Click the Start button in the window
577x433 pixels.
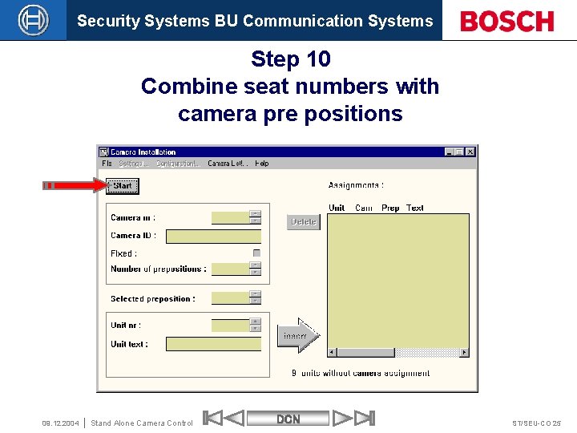coord(123,186)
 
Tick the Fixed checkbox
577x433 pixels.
coord(256,253)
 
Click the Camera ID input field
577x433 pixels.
coord(213,237)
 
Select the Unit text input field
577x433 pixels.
coord(213,344)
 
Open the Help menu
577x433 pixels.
coord(262,164)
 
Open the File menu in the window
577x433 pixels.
coord(107,164)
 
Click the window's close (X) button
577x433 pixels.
coord(470,152)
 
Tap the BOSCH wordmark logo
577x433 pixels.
coord(507,21)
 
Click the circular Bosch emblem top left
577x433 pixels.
coord(33,20)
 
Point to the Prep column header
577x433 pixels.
coord(390,208)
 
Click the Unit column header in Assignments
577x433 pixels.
coord(337,208)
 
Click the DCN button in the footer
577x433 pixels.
coord(288,419)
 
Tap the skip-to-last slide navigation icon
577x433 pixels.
coord(364,418)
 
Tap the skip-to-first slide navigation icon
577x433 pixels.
coord(213,418)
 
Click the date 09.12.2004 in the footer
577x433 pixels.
coord(60,423)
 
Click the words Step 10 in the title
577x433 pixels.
coord(290,59)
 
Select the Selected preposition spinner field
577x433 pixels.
coord(231,298)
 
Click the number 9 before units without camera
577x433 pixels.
coord(294,373)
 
